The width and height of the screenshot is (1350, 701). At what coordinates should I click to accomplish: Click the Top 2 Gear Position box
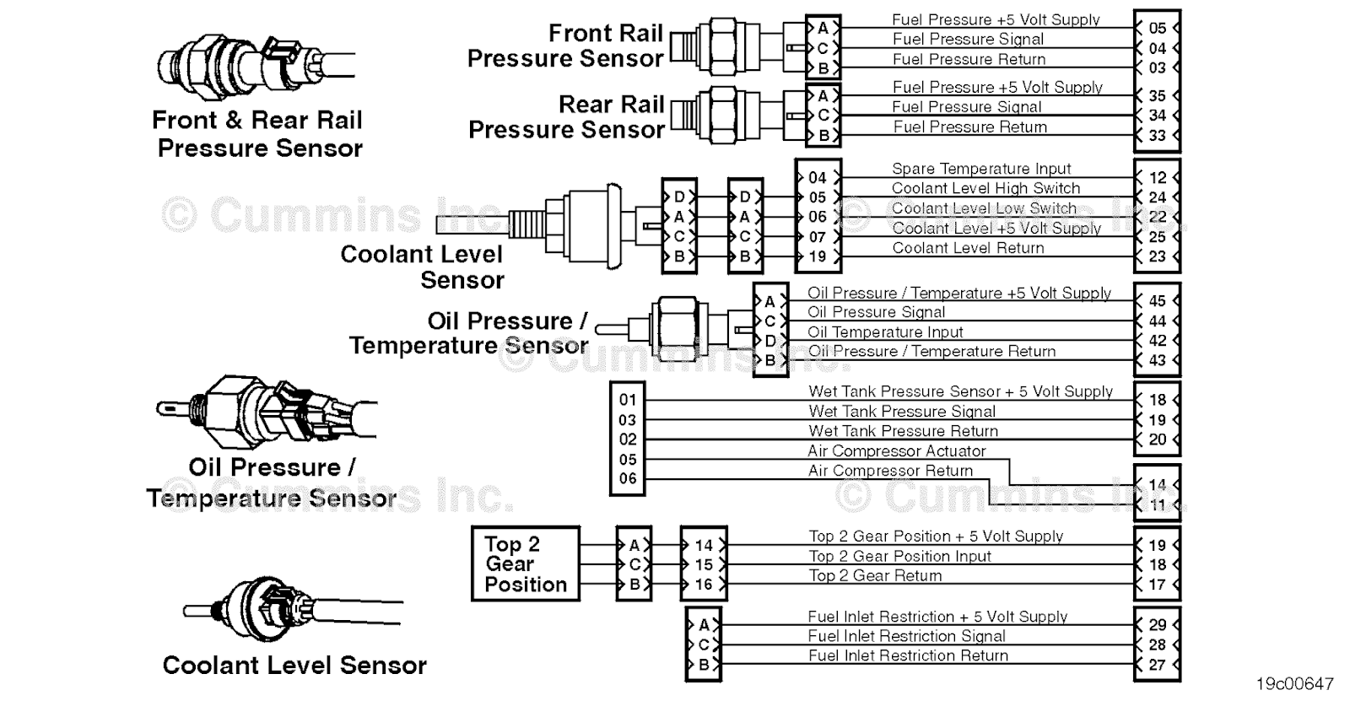[525, 564]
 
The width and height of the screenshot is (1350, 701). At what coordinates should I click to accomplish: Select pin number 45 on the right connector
[1157, 301]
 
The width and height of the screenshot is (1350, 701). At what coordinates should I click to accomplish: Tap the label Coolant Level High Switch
[985, 188]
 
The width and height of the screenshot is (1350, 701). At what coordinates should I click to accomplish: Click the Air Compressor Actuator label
[896, 451]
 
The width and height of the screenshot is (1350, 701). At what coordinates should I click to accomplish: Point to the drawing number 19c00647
[1294, 683]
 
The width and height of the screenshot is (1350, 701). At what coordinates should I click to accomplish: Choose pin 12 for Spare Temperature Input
[1157, 178]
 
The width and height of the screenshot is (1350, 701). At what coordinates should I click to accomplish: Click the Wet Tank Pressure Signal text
[902, 412]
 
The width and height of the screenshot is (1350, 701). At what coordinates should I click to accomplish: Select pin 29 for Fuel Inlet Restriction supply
[1157, 625]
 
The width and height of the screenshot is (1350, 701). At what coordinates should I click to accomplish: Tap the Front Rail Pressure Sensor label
[565, 46]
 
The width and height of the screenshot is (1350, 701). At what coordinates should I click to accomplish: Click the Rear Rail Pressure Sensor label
[567, 117]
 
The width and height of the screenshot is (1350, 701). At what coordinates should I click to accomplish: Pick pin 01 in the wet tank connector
[627, 400]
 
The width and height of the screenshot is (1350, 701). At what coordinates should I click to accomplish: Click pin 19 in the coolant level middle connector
[817, 256]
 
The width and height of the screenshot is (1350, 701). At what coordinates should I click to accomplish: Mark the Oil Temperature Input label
[885, 332]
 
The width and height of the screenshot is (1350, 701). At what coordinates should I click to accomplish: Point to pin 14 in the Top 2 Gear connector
[703, 546]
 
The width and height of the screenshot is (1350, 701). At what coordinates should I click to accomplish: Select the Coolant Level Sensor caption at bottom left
[294, 666]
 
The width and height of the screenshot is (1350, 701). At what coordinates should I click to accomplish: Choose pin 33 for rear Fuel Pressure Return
[1157, 135]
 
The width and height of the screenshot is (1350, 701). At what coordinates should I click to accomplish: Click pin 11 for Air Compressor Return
[1157, 505]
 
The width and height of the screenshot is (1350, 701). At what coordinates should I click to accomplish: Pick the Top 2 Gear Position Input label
[899, 557]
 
